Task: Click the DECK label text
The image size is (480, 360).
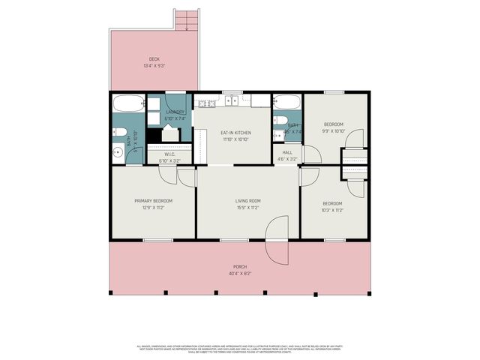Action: click(154, 59)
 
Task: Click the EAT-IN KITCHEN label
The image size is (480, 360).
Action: click(236, 133)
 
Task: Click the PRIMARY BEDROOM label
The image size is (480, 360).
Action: click(154, 200)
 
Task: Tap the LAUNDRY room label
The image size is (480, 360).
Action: click(175, 112)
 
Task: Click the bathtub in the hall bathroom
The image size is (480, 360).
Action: click(286, 102)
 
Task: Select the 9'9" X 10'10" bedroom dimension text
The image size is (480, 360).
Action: click(333, 130)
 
